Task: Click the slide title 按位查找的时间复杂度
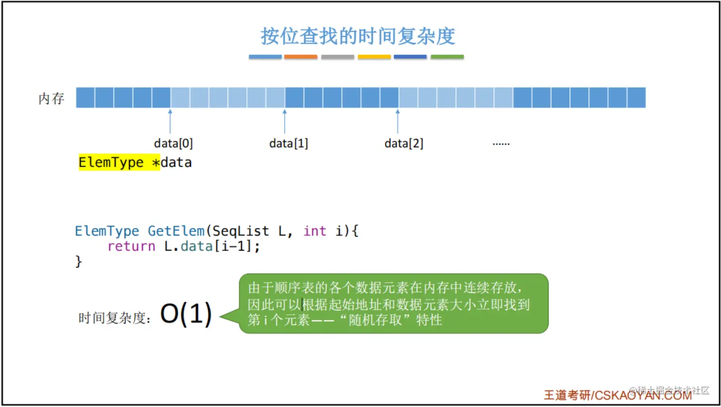click(x=358, y=36)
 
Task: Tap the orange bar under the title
click(x=301, y=57)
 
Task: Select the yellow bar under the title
click(x=374, y=57)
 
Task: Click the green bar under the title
click(x=447, y=57)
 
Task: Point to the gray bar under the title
click(x=338, y=57)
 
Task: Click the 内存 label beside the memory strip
click(x=51, y=98)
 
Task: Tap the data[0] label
click(x=173, y=144)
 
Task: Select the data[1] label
click(x=289, y=144)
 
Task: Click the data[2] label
click(x=404, y=144)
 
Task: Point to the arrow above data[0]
click(x=170, y=121)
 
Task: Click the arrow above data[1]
click(x=285, y=121)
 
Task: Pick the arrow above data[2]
click(x=398, y=121)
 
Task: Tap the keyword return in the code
click(x=131, y=247)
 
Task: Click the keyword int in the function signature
click(x=314, y=231)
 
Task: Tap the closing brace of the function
click(x=79, y=261)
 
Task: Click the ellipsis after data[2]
click(x=501, y=144)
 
